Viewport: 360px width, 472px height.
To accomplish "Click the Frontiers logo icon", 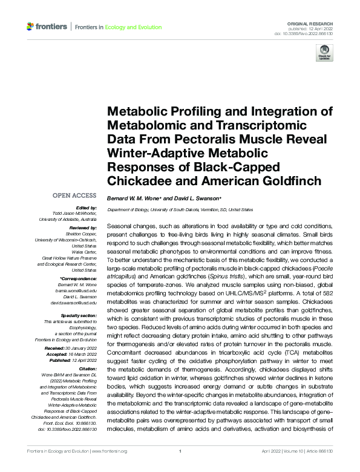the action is (x=31, y=27).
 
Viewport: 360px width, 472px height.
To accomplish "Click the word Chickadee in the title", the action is (x=139, y=181).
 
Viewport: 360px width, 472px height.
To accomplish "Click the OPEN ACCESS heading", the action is (x=74, y=195).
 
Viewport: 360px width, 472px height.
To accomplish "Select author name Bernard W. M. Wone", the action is (x=134, y=198).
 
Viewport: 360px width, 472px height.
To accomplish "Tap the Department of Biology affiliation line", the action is (x=180, y=209).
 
